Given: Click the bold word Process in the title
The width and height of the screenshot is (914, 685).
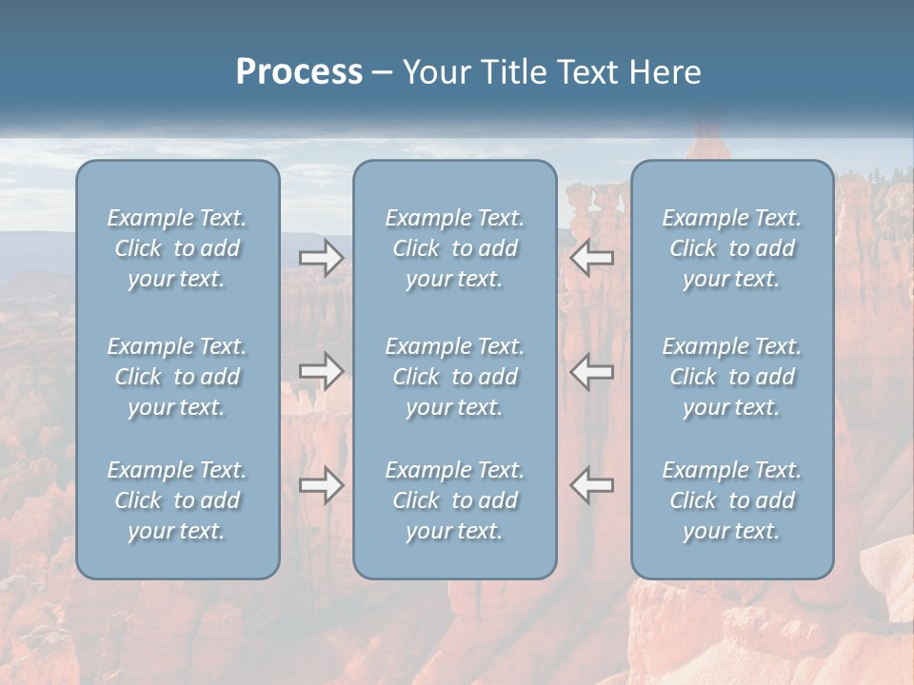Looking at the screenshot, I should point(299,72).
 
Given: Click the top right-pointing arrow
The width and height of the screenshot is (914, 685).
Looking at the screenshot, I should point(321,258).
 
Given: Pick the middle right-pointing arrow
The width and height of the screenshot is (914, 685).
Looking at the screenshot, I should point(321,371).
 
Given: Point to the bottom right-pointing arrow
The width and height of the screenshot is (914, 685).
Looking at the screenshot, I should point(321,485).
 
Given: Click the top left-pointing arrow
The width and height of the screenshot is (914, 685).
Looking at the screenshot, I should point(592,258).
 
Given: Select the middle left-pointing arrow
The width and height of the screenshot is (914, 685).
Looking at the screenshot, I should point(592,371).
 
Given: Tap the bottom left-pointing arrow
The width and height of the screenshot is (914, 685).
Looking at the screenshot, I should point(592,485).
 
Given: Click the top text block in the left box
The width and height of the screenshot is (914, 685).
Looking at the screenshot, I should point(177,248).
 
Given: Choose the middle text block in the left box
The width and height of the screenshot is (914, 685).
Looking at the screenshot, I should point(177,377).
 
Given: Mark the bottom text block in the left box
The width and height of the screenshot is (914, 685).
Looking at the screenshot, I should point(177,500).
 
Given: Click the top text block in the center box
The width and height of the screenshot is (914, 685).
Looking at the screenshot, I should point(454,248).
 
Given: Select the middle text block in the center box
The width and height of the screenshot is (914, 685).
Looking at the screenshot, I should point(454,377).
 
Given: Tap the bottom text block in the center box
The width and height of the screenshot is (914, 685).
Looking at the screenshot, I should point(454,500).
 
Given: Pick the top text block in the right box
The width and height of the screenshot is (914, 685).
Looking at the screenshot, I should point(732,248).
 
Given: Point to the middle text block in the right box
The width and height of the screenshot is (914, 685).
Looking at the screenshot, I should point(732,377).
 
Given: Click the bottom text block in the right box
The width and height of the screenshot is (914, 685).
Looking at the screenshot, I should point(732,500).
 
